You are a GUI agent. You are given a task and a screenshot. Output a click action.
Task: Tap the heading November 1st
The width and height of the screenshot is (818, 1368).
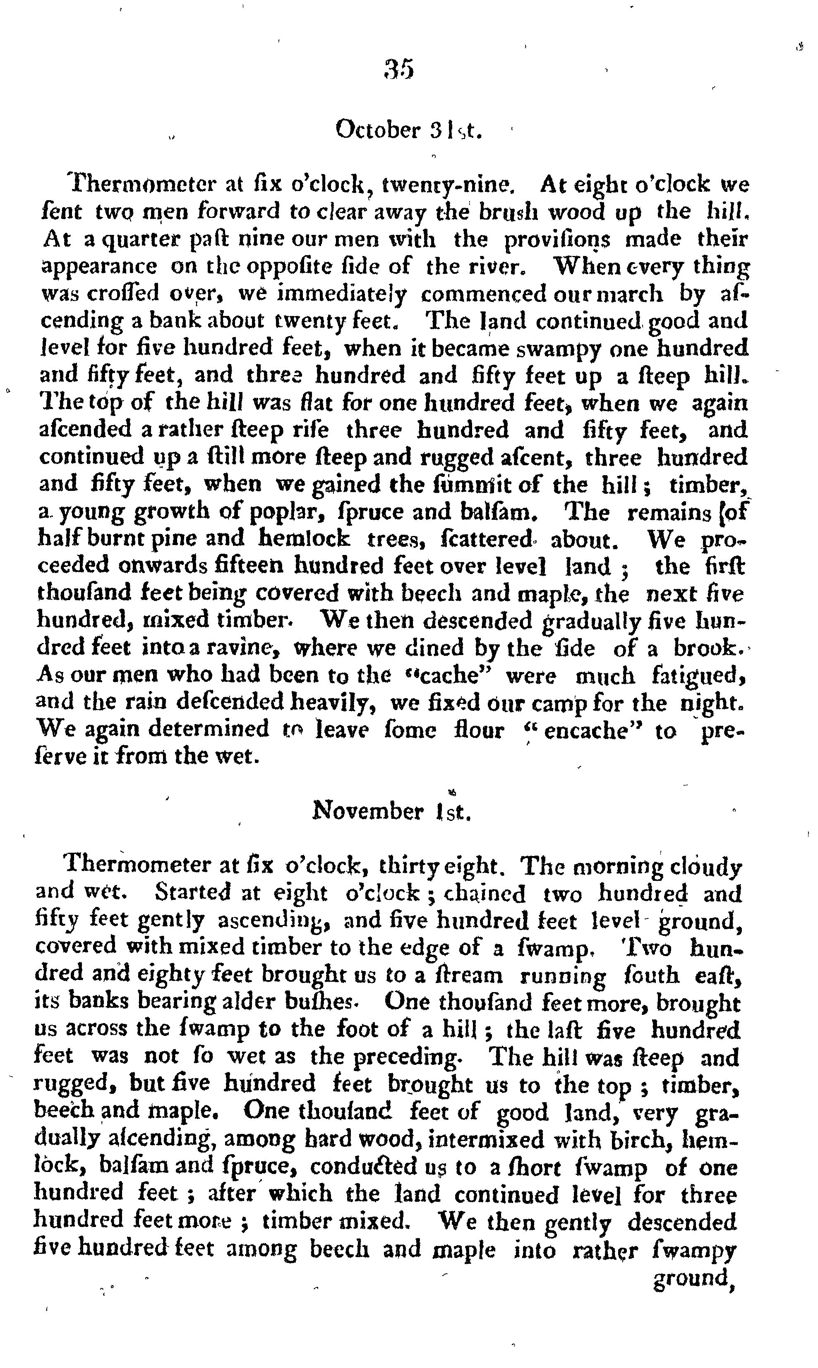[392, 811]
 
